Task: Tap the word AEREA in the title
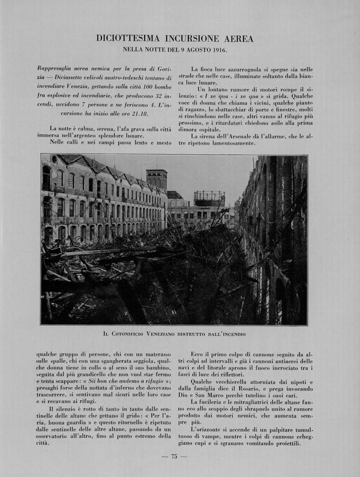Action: (237, 38)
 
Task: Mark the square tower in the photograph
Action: (156, 179)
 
